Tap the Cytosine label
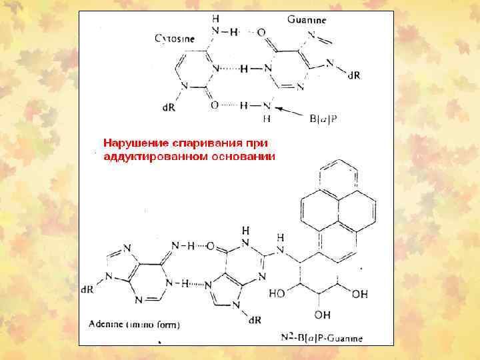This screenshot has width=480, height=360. click(175, 39)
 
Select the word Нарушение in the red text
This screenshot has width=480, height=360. click(136, 143)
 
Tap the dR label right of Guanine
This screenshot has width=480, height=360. click(354, 75)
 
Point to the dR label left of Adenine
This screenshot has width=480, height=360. click(87, 290)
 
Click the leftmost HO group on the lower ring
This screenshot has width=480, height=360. click(278, 294)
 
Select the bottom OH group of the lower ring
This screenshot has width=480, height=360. click(323, 314)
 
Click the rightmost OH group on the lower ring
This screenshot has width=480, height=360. click(359, 294)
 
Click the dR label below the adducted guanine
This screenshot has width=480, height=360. click(254, 320)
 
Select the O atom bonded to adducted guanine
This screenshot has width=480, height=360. click(210, 247)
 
